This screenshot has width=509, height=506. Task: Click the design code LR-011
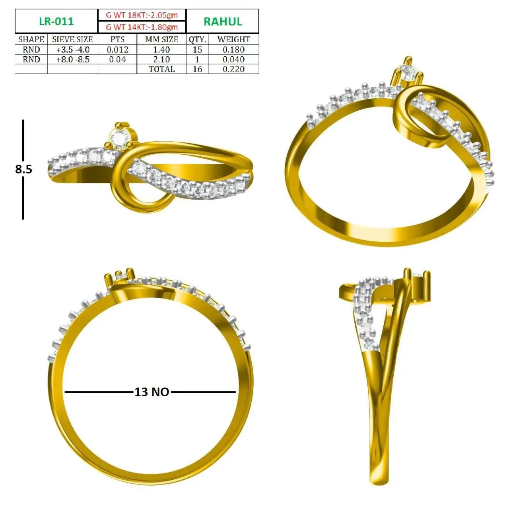tap(56, 21)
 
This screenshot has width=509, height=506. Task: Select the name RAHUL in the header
tap(223, 21)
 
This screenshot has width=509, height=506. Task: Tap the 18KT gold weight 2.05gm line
tap(142, 15)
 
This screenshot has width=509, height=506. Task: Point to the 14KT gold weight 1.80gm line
tap(142, 27)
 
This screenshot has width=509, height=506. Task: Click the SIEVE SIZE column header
tap(72, 39)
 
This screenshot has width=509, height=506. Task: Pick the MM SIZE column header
tap(162, 39)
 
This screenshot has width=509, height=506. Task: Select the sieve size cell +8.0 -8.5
tap(73, 59)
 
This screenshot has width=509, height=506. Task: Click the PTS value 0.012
tap(118, 49)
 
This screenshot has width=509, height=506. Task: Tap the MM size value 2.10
tap(162, 59)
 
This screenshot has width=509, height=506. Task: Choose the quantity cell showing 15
tap(197, 49)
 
